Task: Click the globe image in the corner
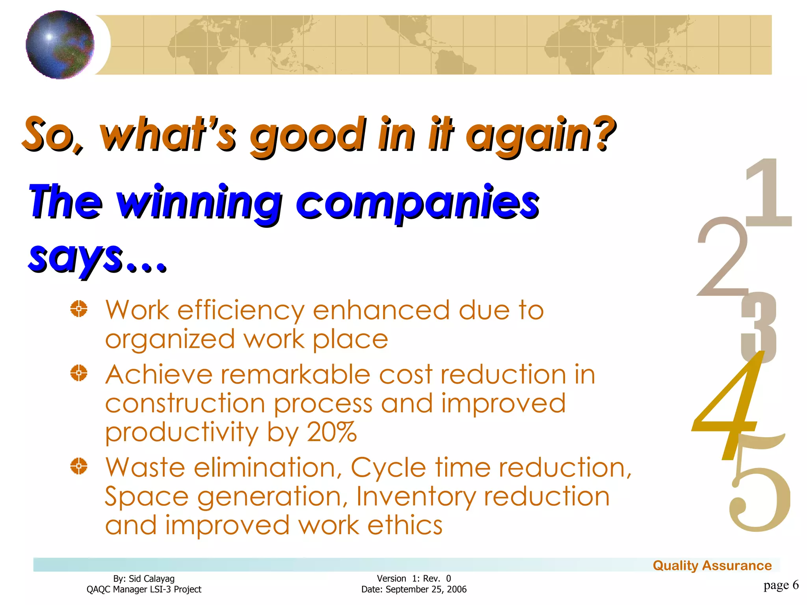pos(60,45)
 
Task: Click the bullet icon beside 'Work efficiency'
pos(79,309)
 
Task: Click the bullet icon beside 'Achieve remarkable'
pos(79,373)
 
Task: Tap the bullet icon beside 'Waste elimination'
pos(79,466)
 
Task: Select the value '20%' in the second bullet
pos(331,432)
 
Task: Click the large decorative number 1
pos(769,193)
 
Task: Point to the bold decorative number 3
pos(759,327)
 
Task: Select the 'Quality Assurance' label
pos(712,566)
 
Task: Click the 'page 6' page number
pos(781,585)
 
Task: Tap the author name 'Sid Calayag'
pos(151,579)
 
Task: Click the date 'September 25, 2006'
pos(426,589)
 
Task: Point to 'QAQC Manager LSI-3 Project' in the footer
pos(144,589)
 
